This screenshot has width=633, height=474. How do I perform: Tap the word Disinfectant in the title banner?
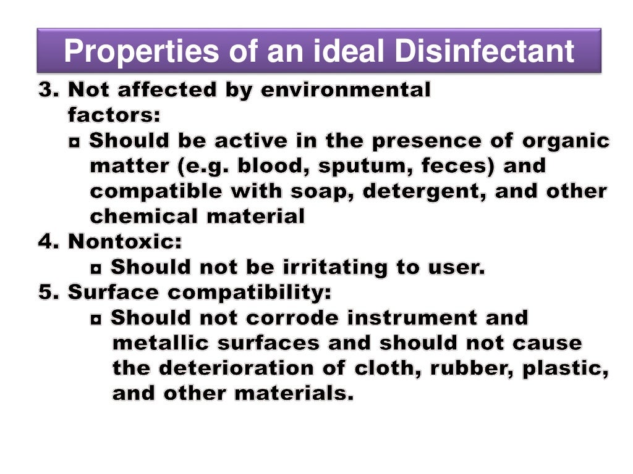[x=485, y=52]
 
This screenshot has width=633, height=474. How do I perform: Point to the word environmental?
[x=346, y=91]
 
